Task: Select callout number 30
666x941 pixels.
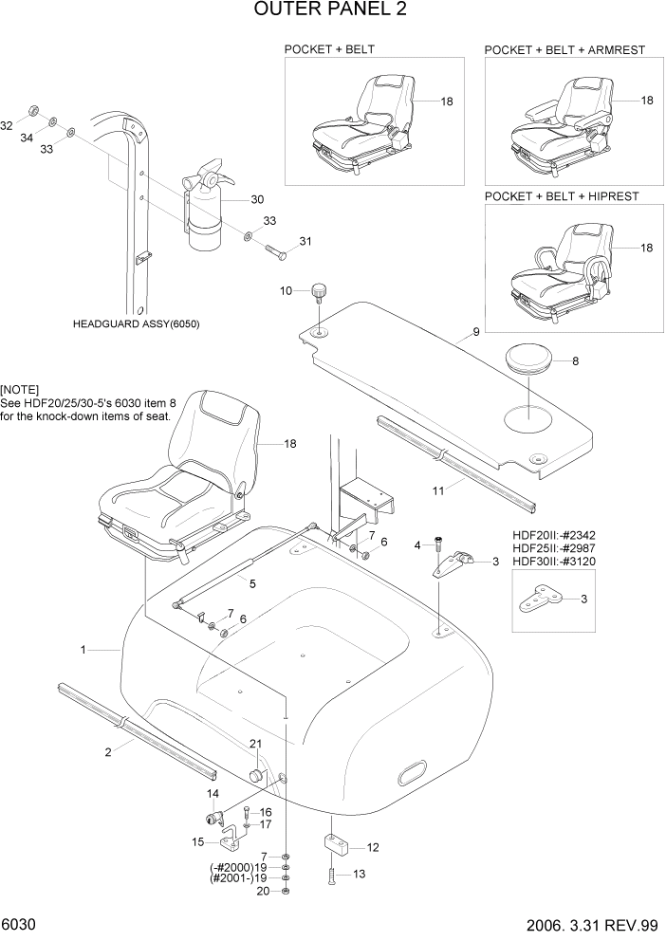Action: pyautogui.click(x=256, y=199)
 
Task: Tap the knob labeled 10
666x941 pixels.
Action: pyautogui.click(x=320, y=290)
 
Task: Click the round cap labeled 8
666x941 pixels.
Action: pyautogui.click(x=530, y=360)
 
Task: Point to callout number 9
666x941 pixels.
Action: pyautogui.click(x=475, y=332)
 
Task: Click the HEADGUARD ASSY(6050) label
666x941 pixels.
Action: pyautogui.click(x=136, y=323)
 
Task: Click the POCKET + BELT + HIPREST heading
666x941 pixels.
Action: pyautogui.click(x=561, y=196)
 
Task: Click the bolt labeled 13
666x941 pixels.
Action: pyautogui.click(x=332, y=876)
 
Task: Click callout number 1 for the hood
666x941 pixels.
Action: pyautogui.click(x=83, y=650)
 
